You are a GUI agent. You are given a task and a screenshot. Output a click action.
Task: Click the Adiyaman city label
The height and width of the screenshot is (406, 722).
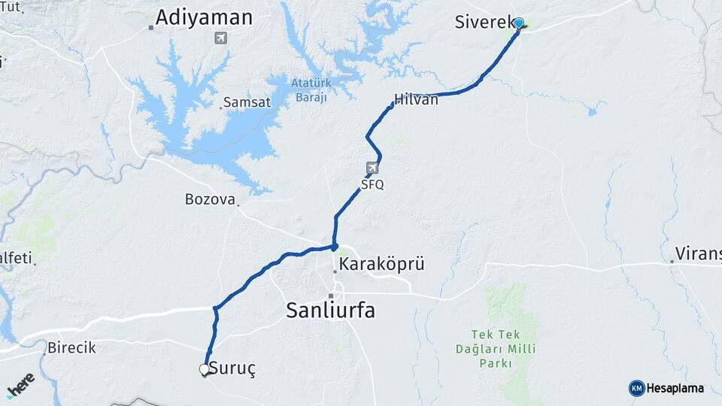pos(204,18)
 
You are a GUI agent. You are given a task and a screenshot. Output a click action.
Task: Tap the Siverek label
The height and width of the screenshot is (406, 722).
pos(484,22)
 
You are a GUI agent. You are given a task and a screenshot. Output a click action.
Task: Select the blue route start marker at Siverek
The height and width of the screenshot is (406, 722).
pos(518,23)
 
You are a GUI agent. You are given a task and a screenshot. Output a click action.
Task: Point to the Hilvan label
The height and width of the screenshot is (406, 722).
pos(416,99)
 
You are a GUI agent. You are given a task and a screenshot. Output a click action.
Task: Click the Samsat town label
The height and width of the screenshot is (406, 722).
pos(247,102)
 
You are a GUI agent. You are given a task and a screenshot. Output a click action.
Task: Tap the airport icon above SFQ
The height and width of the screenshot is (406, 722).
pos(372,168)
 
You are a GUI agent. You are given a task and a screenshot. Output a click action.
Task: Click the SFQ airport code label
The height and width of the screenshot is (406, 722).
pos(372,183)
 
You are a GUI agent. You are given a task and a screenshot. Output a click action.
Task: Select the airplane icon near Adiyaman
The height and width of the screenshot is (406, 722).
pos(220,38)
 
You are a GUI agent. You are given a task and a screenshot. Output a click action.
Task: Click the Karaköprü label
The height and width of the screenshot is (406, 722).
pos(382,264)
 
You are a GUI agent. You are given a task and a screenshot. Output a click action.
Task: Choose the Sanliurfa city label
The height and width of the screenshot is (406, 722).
pos(330,310)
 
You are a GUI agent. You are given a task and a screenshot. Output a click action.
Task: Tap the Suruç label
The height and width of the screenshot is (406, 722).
pos(232,369)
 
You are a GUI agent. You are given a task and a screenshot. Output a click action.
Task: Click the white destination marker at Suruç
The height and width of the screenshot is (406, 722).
pos(204,369)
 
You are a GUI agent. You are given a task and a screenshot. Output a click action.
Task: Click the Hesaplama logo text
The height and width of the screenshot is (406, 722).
pos(675,388)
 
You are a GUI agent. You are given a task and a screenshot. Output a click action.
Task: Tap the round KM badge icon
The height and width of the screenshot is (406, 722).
pos(636,388)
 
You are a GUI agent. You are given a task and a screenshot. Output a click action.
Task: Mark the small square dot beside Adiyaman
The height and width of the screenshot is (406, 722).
pos(151,28)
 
